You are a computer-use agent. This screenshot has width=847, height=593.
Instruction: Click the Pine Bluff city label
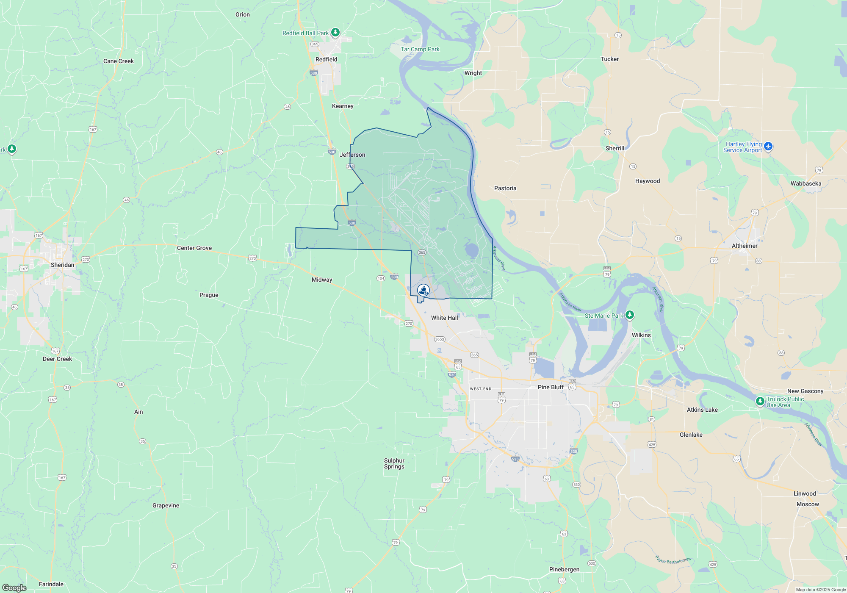pos(551,387)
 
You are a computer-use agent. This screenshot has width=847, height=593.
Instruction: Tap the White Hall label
pos(444,318)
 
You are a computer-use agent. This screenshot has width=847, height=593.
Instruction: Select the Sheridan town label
pos(62,265)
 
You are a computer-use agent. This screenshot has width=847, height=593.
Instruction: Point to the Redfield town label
pos(326,59)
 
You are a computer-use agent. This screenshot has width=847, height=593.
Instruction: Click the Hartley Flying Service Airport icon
pos(768,147)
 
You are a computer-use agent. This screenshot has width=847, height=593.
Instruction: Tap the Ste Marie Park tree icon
pos(630,315)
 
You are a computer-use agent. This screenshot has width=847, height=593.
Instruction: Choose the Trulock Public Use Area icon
pos(760,401)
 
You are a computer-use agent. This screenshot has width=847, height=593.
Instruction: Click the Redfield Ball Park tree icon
pos(335,32)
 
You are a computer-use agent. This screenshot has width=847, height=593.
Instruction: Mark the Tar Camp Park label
pos(420,49)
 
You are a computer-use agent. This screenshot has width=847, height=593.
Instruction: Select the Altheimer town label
pos(745,246)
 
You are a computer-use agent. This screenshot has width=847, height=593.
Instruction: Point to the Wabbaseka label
pos(806,183)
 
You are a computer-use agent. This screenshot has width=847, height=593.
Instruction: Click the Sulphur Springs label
pos(394,463)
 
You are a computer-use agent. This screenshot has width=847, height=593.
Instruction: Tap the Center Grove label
pos(194,248)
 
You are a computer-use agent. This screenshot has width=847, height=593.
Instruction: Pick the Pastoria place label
pos(505,188)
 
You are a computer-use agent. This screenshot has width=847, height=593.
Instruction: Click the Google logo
pos(14,587)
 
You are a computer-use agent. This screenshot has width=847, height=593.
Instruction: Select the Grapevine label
pos(166,505)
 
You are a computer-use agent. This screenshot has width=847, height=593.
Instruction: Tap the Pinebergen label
pos(564,569)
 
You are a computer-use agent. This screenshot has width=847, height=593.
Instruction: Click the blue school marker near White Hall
pos(423,290)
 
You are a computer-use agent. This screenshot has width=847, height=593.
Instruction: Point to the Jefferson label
pos(352,155)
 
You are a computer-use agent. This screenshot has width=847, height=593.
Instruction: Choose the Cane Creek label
pos(119,61)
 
